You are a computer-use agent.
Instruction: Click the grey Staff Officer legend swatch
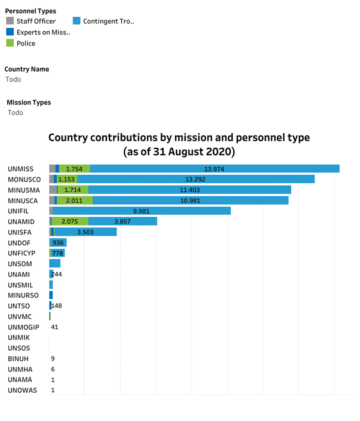[10, 21]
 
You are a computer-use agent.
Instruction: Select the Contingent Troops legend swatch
[76, 21]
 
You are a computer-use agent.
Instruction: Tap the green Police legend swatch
[10, 43]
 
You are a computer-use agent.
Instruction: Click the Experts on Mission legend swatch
[10, 32]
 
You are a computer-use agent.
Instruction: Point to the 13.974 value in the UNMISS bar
[214, 169]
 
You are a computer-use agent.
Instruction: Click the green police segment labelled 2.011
[75, 200]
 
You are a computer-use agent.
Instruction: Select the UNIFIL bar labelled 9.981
[141, 211]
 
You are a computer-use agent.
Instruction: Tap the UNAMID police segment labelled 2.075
[70, 221]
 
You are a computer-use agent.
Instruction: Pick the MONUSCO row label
[24, 180]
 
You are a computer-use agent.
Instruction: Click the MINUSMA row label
[24, 190]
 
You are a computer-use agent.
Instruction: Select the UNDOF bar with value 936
[58, 243]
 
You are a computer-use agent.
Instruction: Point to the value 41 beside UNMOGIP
[55, 327]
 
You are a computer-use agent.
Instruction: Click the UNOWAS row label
[22, 390]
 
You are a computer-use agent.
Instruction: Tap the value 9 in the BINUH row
[53, 359]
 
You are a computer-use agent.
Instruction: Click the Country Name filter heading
[27, 69]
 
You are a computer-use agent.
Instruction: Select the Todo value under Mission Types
[15, 112]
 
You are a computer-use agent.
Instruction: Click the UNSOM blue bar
[55, 264]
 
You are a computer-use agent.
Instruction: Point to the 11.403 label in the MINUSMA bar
[189, 190]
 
